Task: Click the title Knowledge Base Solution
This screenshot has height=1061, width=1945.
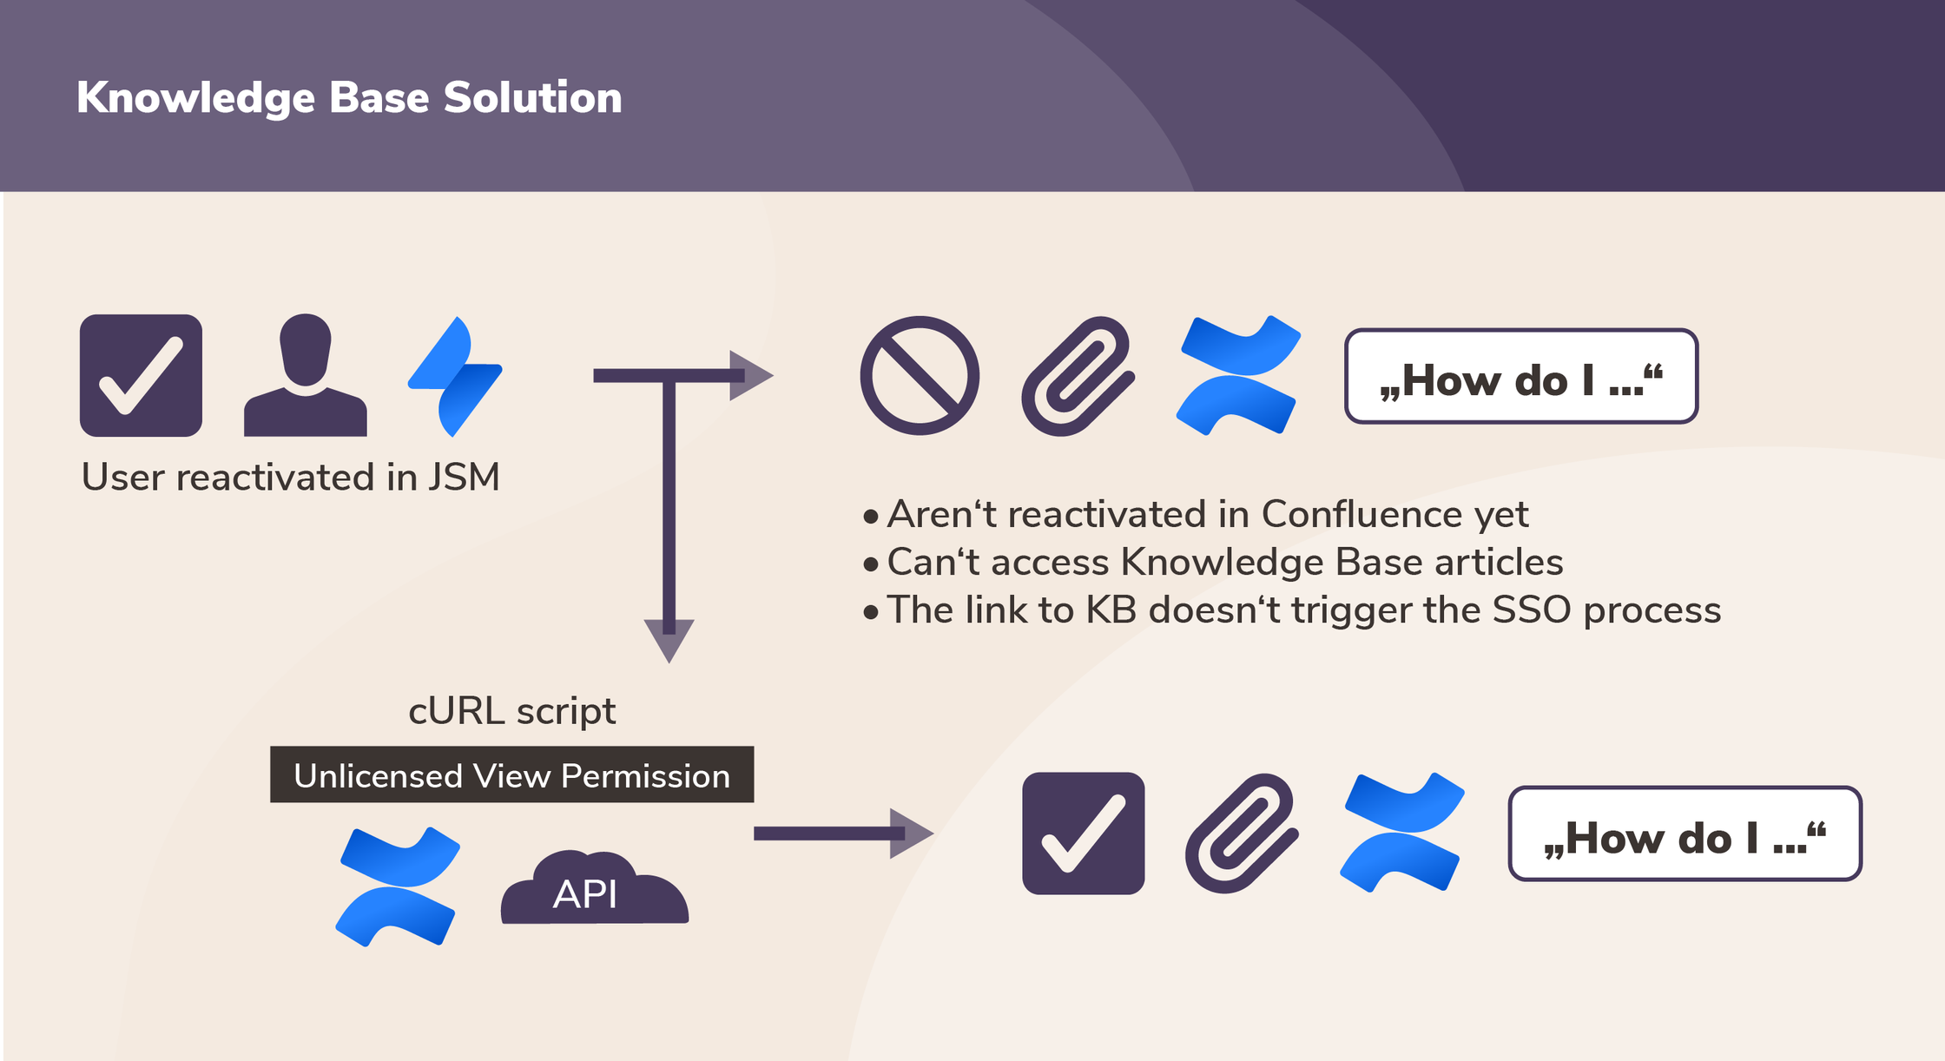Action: [x=349, y=97]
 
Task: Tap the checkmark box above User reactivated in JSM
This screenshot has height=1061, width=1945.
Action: [x=141, y=375]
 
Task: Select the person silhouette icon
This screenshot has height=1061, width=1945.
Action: [x=306, y=375]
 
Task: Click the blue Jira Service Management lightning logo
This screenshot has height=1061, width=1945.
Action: [x=455, y=376]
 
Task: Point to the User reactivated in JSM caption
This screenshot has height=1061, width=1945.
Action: [x=291, y=477]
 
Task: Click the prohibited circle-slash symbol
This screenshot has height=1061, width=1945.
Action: [x=920, y=375]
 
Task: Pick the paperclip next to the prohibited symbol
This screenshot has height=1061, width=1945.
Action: [x=1078, y=376]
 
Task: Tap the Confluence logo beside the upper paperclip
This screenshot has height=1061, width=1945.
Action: [x=1238, y=375]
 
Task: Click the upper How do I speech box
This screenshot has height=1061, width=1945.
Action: [x=1521, y=376]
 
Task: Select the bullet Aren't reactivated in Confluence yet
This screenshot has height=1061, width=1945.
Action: [x=1196, y=514]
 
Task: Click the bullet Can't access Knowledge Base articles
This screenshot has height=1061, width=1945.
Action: [x=1213, y=562]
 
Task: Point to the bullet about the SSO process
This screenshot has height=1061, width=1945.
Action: [x=1292, y=610]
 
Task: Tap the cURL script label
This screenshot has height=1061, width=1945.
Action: [x=512, y=711]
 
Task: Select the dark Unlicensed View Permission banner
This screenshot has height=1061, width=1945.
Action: [x=512, y=774]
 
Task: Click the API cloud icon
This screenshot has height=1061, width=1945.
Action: [x=595, y=887]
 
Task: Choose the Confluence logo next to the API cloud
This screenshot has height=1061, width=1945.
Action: [x=398, y=886]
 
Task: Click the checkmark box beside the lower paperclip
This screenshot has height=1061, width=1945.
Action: [x=1084, y=834]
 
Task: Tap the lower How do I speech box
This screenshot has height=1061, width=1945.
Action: [x=1685, y=834]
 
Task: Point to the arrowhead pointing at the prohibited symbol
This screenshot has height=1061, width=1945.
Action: [x=751, y=375]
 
